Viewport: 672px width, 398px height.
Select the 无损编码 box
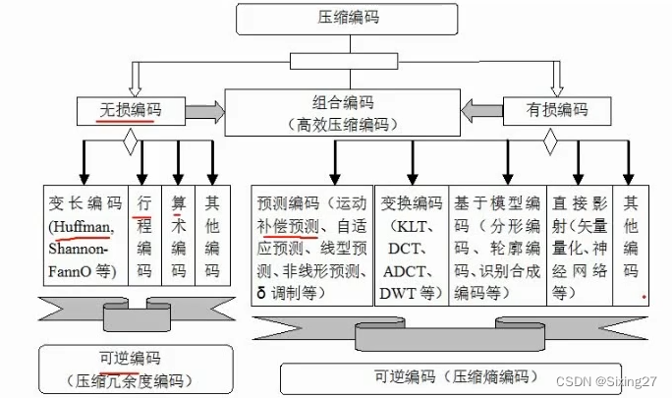131,110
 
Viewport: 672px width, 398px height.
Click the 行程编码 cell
144,237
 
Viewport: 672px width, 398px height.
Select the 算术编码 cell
178,237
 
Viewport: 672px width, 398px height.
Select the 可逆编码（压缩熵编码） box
454,376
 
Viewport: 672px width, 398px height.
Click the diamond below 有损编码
551,143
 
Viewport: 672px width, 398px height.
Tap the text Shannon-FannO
83,259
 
